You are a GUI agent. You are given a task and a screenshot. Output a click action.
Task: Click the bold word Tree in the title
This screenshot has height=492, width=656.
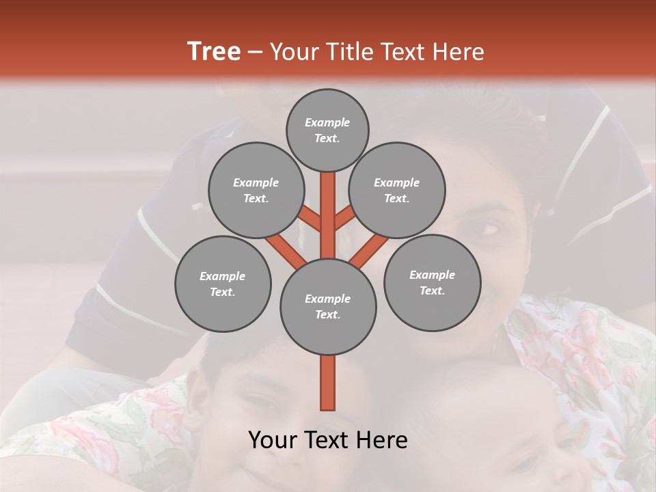point(214,51)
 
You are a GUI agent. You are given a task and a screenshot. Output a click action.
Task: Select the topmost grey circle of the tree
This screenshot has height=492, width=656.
point(327,130)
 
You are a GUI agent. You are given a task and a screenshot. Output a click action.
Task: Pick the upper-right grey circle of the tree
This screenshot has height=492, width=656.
point(396,190)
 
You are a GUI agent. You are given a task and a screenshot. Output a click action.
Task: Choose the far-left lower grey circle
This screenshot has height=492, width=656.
point(223,284)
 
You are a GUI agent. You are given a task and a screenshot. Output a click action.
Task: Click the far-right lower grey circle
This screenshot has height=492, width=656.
point(432,282)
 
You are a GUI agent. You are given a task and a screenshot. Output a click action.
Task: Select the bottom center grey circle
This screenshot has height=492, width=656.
point(328,306)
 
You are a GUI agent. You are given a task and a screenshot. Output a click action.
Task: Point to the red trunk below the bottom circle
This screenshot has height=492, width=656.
point(328,383)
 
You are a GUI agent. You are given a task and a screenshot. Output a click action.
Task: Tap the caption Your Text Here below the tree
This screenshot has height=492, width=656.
point(328,440)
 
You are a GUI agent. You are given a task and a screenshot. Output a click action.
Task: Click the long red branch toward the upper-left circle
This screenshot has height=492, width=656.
point(286,248)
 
